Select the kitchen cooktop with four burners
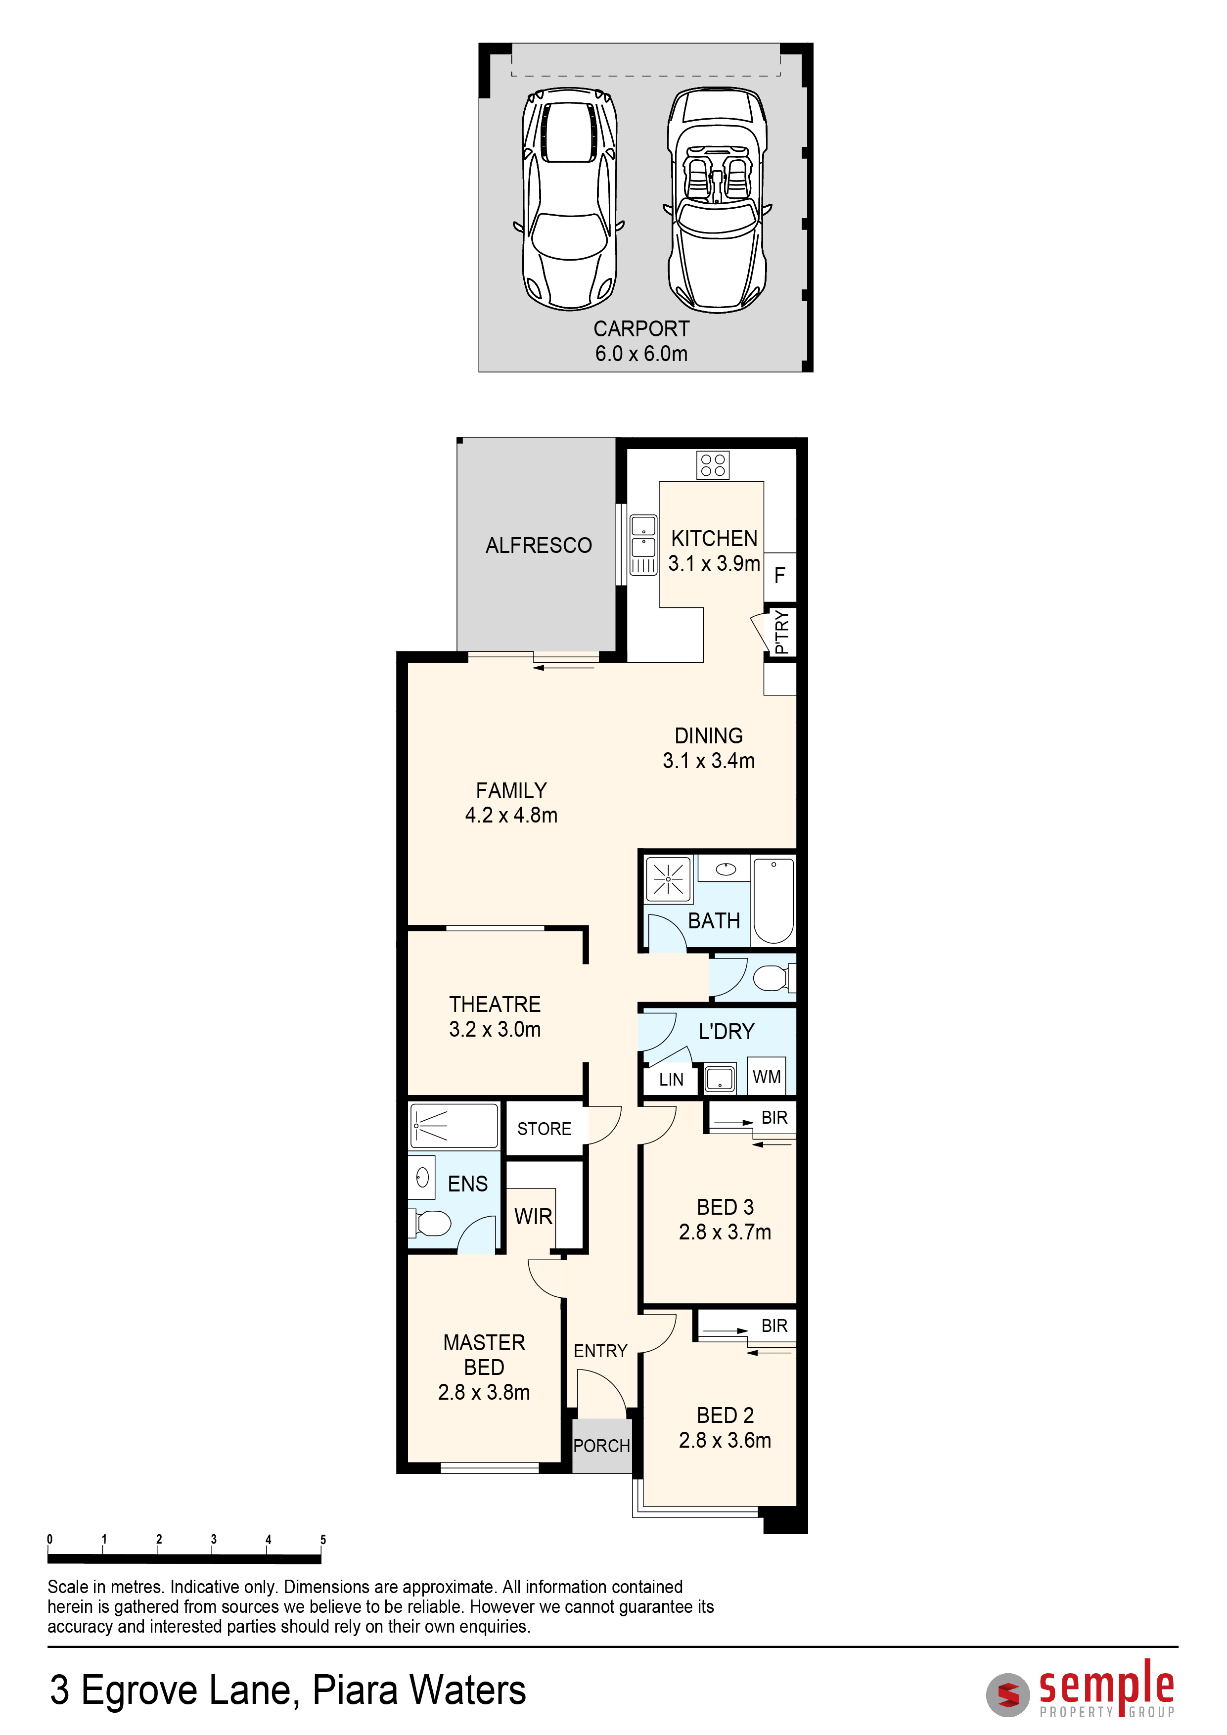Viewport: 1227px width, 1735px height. (x=713, y=465)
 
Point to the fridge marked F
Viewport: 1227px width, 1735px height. (x=780, y=576)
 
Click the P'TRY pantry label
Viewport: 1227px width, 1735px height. (x=781, y=632)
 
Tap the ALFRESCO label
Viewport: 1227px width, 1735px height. (x=539, y=545)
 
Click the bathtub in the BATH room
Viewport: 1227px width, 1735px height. (x=773, y=901)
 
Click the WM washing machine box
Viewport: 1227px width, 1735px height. (x=767, y=1077)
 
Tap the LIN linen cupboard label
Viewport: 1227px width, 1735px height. (x=671, y=1079)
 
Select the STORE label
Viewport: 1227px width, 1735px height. (x=544, y=1129)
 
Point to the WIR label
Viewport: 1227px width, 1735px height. (x=534, y=1217)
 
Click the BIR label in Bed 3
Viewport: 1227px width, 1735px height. (x=774, y=1118)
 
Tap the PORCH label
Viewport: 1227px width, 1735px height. (x=601, y=1446)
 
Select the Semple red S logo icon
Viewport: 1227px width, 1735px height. (x=1008, y=1695)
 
